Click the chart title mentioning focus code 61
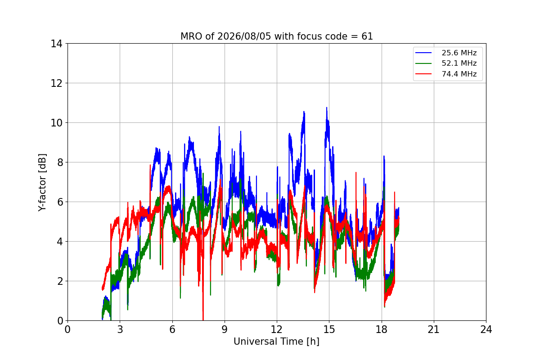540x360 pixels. point(276,36)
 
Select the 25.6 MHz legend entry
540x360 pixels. point(446,53)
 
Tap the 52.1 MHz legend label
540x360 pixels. point(459,63)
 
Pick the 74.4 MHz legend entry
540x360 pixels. point(446,74)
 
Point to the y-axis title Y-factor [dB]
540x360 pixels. point(42,182)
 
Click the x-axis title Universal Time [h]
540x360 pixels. point(276,342)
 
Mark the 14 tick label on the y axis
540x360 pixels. point(56,44)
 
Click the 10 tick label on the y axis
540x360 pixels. point(56,123)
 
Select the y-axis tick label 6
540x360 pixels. point(60,202)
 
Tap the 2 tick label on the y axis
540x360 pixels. point(60,281)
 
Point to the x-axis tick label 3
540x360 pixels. point(120,329)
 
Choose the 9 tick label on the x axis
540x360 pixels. point(225,329)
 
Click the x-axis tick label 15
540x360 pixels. point(329,329)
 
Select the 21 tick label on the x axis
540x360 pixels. point(434,329)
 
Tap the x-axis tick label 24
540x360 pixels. point(486,329)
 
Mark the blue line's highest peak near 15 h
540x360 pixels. point(327,108)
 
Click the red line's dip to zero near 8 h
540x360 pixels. point(203,319)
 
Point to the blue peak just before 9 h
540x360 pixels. point(219,126)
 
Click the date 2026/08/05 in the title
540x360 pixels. point(244,36)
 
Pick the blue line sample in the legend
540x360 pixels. point(423,53)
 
